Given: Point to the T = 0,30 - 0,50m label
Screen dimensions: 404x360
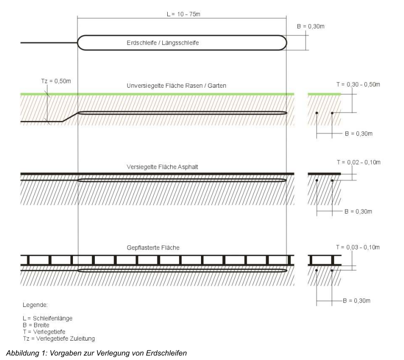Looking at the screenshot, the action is (357, 84).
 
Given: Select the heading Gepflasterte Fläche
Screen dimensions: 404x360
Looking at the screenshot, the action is (179, 246).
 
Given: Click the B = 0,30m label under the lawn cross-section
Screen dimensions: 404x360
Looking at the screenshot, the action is (358, 134).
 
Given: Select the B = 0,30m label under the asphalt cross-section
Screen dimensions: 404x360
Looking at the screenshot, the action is (358, 212).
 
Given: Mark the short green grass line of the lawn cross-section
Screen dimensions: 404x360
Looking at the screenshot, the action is (324, 94).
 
